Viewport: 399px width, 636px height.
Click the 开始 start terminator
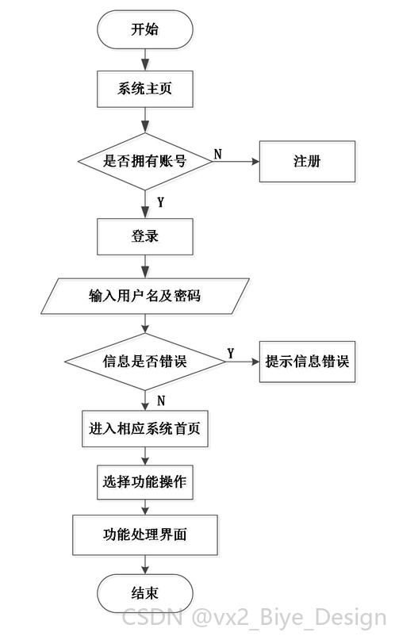tap(145, 29)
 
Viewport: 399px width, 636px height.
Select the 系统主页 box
tap(145, 89)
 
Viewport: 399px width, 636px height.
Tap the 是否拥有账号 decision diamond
tap(145, 161)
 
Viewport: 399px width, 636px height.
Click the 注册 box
tap(307, 161)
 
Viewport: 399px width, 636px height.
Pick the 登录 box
tap(145, 236)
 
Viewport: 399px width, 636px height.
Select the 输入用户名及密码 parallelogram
tap(145, 296)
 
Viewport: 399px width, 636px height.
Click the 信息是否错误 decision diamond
tap(145, 362)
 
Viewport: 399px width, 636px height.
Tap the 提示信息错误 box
tap(307, 362)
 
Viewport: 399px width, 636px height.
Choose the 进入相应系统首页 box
tap(145, 429)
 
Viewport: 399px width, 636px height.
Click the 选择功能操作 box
tap(145, 482)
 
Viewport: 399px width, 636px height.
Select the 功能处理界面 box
tap(145, 534)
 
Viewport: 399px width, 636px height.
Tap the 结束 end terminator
tap(145, 593)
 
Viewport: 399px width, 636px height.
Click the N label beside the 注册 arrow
tap(218, 154)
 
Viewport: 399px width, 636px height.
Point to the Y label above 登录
tap(161, 202)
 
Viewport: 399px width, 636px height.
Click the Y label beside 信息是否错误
tap(231, 354)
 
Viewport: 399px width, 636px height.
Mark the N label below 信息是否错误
tap(161, 400)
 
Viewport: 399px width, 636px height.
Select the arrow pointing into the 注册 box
tap(236, 161)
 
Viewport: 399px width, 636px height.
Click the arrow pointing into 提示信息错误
tap(242, 362)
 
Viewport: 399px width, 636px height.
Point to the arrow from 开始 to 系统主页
tap(145, 60)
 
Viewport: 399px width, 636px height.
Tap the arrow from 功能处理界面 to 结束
tap(145, 565)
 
